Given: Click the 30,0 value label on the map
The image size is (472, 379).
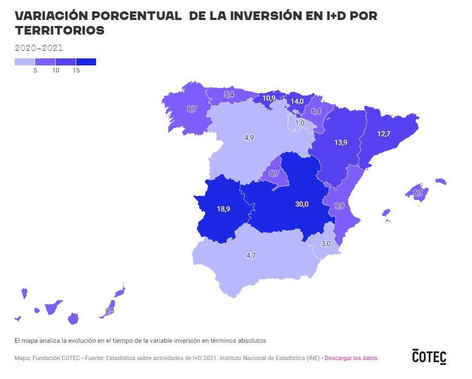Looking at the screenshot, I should click(x=301, y=204).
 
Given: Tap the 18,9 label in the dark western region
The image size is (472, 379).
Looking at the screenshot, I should click(x=224, y=209).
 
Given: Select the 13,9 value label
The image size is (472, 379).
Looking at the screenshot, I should click(x=340, y=143).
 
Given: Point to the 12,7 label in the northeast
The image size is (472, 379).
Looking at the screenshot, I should click(x=383, y=134).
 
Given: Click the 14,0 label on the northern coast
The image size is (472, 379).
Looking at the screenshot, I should click(x=297, y=101).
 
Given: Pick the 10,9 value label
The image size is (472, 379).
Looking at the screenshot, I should click(x=269, y=98).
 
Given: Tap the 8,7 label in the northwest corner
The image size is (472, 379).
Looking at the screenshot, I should click(x=192, y=109).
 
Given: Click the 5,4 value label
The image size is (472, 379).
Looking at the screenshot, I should click(x=229, y=95).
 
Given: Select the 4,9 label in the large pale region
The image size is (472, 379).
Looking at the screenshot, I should click(x=249, y=138).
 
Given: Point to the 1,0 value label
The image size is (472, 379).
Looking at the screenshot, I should click(x=300, y=123).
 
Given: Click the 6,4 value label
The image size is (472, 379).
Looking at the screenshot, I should click(x=316, y=111).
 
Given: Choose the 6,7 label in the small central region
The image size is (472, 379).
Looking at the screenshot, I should click(x=274, y=174).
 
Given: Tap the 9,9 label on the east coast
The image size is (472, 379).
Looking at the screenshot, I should click(x=339, y=206).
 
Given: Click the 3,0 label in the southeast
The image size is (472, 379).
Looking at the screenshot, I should click(x=326, y=244).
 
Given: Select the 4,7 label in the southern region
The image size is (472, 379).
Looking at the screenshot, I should click(x=251, y=256).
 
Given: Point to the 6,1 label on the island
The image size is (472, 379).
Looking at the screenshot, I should click(x=418, y=193).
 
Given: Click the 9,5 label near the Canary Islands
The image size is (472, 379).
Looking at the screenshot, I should click(x=110, y=311).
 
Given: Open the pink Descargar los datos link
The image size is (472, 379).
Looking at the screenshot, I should click(x=351, y=358).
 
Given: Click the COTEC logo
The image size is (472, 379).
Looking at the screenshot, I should click(x=429, y=356).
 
